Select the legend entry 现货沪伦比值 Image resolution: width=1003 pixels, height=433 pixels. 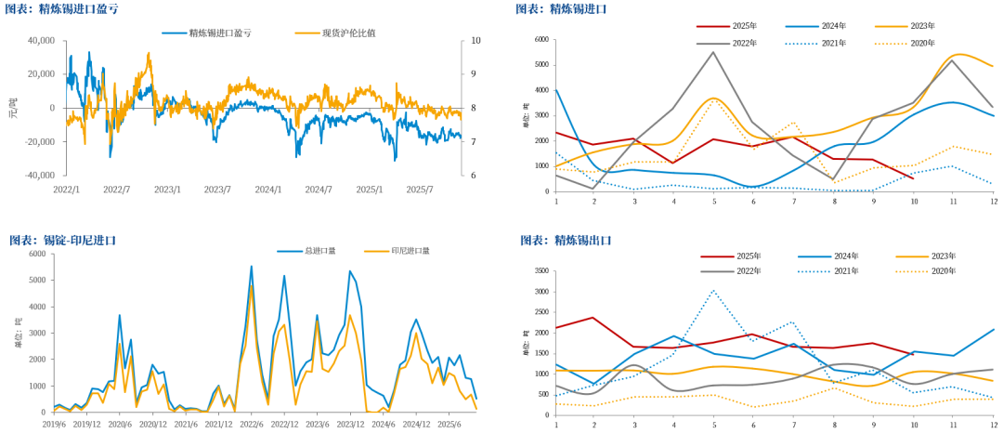[348, 33]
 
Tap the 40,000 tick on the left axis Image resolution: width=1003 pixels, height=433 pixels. [41, 41]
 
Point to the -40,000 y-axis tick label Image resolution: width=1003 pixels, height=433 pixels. [39, 176]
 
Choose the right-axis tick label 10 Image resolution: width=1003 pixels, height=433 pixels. [476, 41]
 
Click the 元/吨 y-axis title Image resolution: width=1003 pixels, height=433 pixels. [12, 108]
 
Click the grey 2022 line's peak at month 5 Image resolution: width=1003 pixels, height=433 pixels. [713, 52]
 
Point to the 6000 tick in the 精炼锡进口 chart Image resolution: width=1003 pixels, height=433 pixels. [541, 41]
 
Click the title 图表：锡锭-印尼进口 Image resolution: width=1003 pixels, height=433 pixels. [62, 240]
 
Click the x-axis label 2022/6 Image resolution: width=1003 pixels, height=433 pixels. [251, 425]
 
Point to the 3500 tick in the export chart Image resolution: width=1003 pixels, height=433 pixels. [541, 270]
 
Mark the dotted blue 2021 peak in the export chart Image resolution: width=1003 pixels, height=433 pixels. [713, 291]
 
